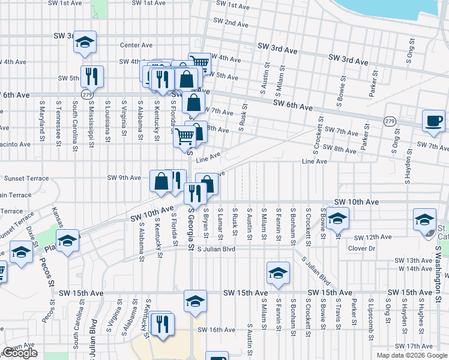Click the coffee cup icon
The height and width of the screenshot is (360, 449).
tap(433, 121)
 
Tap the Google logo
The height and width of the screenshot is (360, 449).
tap(20, 353)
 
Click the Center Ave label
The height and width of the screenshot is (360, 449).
tap(137, 45)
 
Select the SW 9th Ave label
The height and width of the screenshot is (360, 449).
tap(124, 178)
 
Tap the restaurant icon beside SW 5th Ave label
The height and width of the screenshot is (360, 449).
tap(92, 76)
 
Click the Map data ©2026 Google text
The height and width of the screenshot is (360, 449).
tap(412, 355)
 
